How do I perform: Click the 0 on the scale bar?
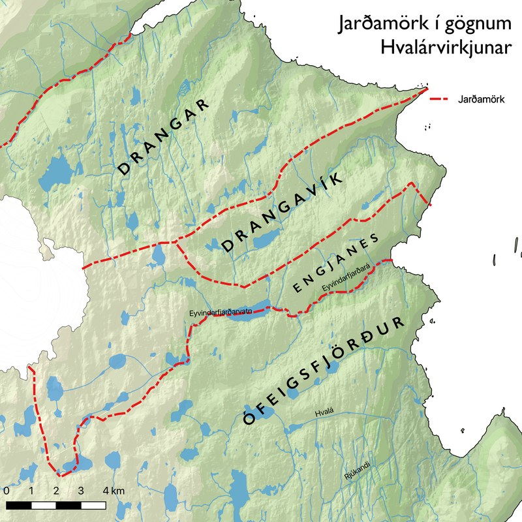click(x=6, y=491)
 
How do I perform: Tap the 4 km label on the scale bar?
click(x=112, y=491)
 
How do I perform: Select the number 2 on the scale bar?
click(x=56, y=491)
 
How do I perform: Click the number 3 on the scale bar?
click(x=81, y=491)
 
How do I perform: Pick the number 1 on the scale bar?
click(x=31, y=491)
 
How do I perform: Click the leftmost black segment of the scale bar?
click(x=19, y=504)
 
